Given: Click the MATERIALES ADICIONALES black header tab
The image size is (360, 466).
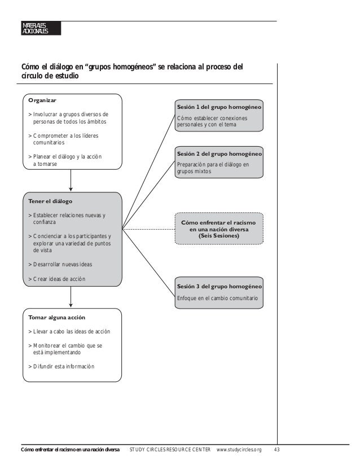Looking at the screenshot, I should (x=38, y=28).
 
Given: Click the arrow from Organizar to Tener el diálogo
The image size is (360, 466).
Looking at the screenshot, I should (x=71, y=181).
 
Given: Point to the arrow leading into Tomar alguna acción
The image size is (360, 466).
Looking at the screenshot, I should (x=71, y=297).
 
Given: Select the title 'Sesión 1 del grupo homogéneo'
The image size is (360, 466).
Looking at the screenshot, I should (x=219, y=107).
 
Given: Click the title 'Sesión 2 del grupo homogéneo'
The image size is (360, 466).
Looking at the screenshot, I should (x=219, y=153).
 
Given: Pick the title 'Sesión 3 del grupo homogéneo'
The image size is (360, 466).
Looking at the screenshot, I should (x=219, y=285).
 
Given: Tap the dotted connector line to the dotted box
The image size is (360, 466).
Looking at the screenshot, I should (x=148, y=229).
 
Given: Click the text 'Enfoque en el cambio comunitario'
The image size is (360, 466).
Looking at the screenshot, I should (x=218, y=297).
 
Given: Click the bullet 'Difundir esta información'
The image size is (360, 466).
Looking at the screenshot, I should (x=62, y=366).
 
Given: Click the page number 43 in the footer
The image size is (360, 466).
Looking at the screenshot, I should (x=276, y=450).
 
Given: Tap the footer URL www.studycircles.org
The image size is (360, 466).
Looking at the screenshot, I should (x=240, y=450).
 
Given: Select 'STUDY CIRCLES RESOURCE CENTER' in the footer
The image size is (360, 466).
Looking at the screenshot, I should (x=170, y=450).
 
